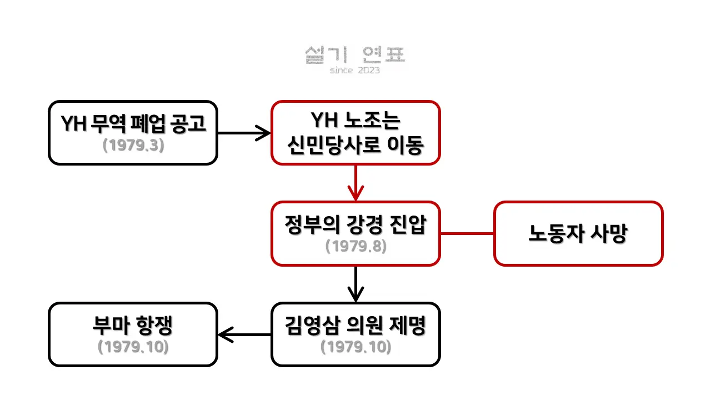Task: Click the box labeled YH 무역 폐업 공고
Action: [x=133, y=133]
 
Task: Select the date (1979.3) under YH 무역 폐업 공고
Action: [x=134, y=146]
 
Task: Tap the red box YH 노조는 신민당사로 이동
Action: [x=356, y=133]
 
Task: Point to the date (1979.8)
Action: [x=356, y=246]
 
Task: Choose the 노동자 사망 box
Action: [x=578, y=233]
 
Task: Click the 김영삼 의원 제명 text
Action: [x=355, y=326]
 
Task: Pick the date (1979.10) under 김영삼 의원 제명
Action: [x=356, y=347]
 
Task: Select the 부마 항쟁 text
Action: [x=133, y=326]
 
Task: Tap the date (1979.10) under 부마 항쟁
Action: [x=133, y=347]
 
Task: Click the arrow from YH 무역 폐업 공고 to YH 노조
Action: [x=244, y=133]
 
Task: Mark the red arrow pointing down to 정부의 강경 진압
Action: [x=356, y=183]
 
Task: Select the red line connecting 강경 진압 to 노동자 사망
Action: [x=467, y=234]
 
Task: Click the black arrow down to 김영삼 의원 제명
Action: [x=356, y=284]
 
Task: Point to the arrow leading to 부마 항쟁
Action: [x=244, y=334]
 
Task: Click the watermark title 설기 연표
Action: [x=355, y=54]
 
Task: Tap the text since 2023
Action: [x=355, y=70]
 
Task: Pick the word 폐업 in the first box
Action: [x=148, y=123]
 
